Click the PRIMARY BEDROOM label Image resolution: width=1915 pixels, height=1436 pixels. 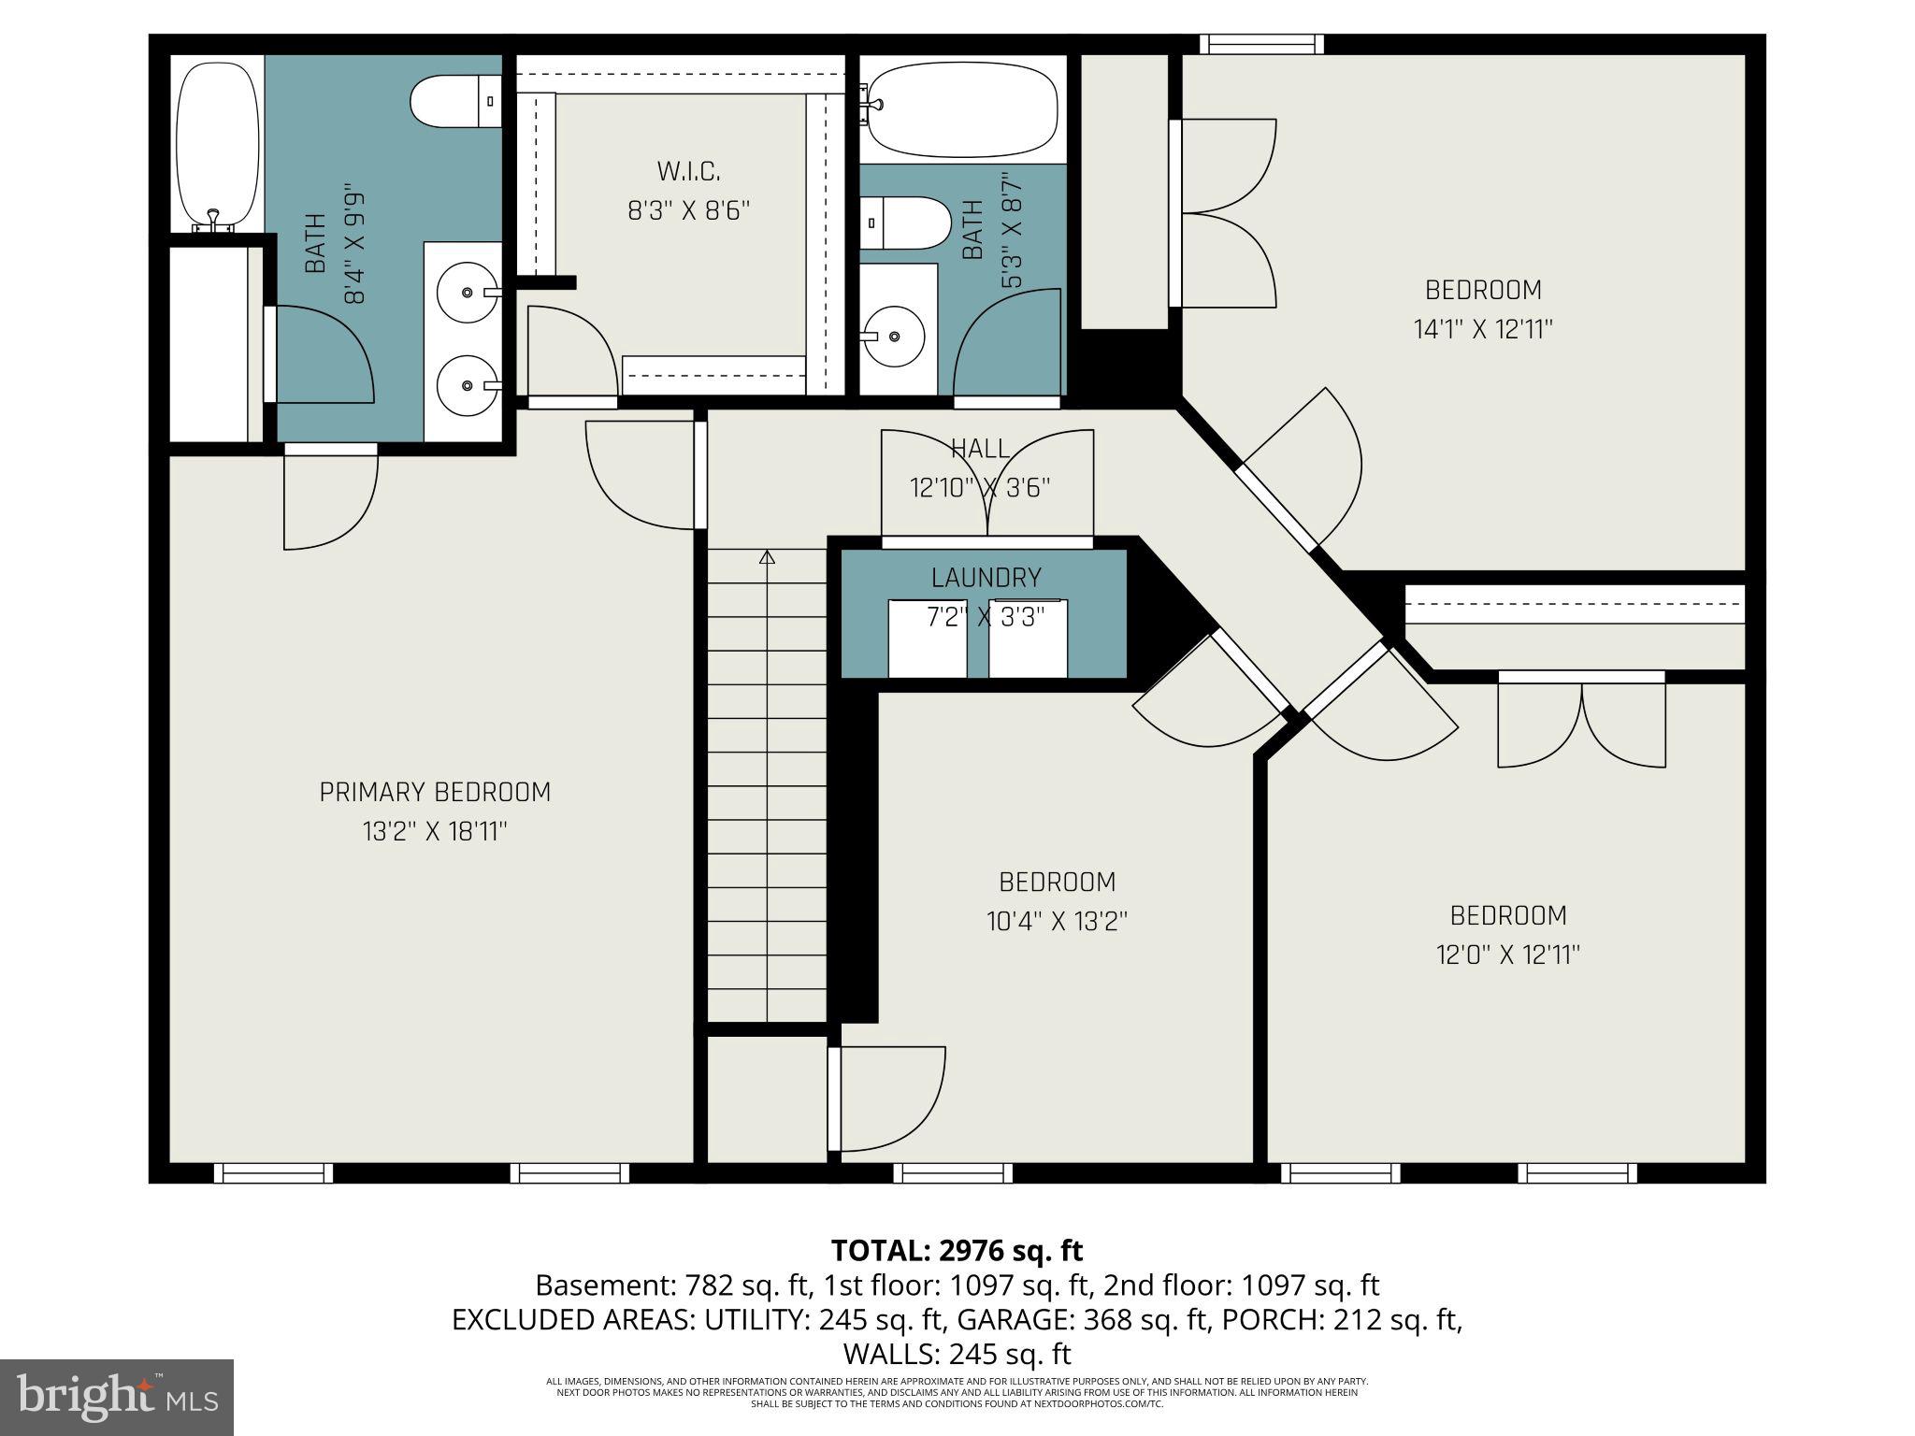pyautogui.click(x=435, y=792)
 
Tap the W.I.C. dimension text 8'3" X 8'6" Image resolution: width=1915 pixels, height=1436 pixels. pyautogui.click(x=688, y=211)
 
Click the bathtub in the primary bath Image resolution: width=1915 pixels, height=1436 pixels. pyautogui.click(x=217, y=146)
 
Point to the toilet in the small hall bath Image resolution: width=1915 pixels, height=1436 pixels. pyautogui.click(x=905, y=223)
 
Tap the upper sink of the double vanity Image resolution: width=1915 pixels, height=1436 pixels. pyautogui.click(x=468, y=293)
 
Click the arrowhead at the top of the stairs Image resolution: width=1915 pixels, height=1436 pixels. pyautogui.click(x=768, y=558)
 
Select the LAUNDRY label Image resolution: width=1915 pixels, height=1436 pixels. pyautogui.click(x=986, y=578)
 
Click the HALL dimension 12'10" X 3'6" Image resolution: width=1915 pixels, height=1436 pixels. pyautogui.click(x=980, y=488)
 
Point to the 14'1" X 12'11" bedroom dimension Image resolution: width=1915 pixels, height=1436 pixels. pyautogui.click(x=1483, y=329)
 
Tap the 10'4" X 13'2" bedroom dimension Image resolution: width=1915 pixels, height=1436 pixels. pyautogui.click(x=1057, y=922)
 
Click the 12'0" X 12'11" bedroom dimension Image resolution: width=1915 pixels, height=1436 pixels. pyautogui.click(x=1507, y=955)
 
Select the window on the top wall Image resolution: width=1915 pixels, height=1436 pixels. pyautogui.click(x=1261, y=44)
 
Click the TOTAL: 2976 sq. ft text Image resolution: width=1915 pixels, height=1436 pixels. pyautogui.click(x=957, y=1250)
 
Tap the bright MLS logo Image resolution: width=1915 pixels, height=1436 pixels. pyautogui.click(x=117, y=1397)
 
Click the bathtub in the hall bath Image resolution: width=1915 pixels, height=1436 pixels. pyautogui.click(x=961, y=107)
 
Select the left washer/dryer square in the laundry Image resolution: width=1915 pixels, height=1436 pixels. pyautogui.click(x=928, y=639)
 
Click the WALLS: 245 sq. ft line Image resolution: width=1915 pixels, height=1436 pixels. pyautogui.click(x=957, y=1354)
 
